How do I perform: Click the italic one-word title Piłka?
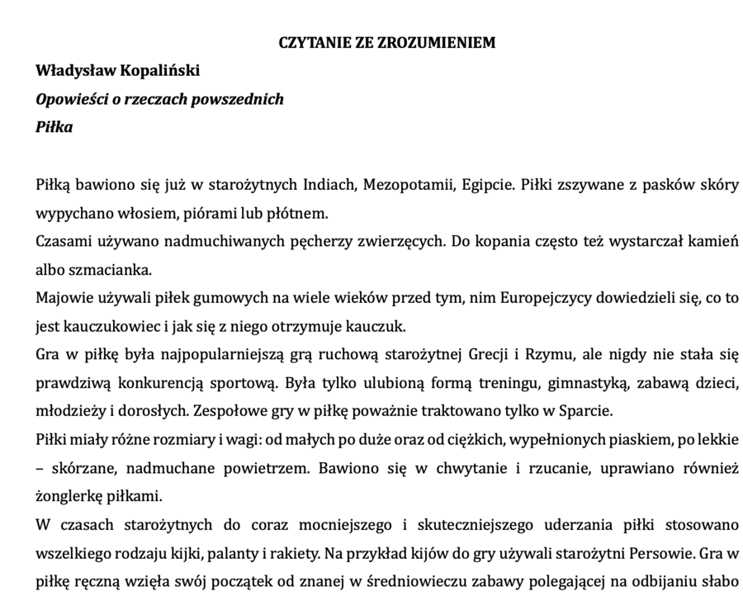pos(54,127)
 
